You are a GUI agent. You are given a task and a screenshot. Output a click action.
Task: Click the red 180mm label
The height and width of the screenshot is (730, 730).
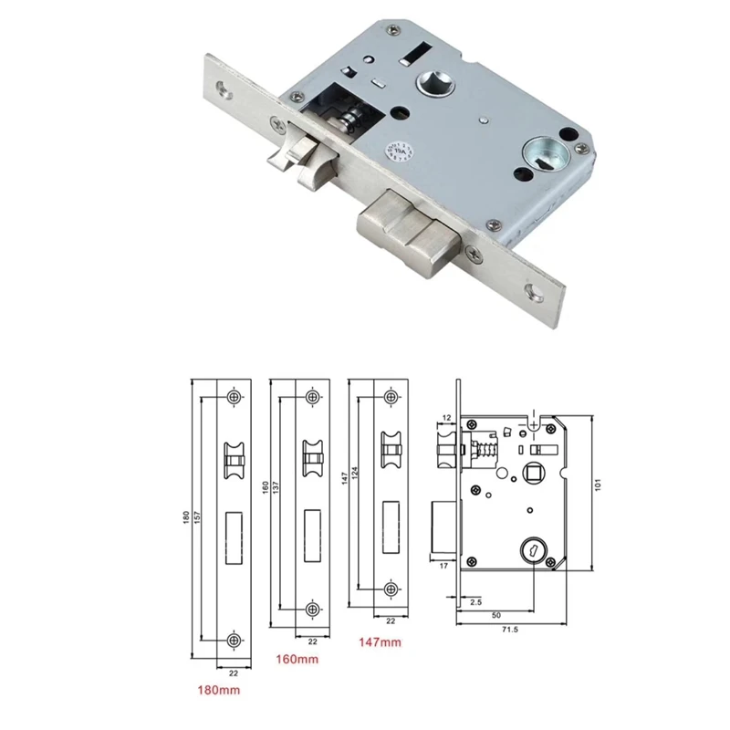[x=219, y=690]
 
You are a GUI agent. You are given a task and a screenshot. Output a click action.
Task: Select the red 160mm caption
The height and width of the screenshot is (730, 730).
[x=296, y=657]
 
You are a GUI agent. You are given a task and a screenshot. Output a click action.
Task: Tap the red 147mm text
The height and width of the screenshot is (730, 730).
[x=378, y=643]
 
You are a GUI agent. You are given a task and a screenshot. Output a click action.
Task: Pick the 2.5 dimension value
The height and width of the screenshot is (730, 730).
[x=475, y=602]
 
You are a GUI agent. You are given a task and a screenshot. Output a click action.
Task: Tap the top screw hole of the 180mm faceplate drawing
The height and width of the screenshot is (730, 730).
[x=235, y=399]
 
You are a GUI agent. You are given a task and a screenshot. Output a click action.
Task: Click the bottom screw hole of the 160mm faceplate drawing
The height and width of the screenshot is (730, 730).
[x=313, y=609]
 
